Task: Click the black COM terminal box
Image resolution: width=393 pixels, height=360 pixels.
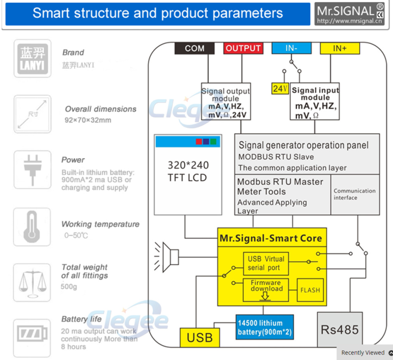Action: (x=195, y=48)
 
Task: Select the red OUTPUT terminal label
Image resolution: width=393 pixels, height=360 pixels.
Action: (x=243, y=48)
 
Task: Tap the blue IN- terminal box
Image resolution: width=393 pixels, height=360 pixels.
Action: (x=291, y=48)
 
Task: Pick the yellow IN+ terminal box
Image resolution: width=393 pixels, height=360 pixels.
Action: (x=340, y=48)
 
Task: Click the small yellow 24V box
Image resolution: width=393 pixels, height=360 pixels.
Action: (x=280, y=89)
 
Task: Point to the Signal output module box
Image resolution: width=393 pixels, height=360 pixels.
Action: (x=226, y=102)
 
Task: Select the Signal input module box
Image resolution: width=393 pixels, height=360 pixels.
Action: (x=315, y=102)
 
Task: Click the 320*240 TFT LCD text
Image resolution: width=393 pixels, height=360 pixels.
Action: (x=188, y=171)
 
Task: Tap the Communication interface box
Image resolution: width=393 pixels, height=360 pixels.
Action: (x=355, y=194)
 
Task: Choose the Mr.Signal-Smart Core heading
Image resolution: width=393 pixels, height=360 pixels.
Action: (x=271, y=238)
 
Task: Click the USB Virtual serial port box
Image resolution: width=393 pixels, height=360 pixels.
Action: (x=266, y=264)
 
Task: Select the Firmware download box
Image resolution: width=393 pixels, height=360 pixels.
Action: (x=266, y=290)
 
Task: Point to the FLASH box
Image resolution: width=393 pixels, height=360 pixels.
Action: (x=310, y=290)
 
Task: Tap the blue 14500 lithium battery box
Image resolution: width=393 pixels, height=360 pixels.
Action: (x=265, y=327)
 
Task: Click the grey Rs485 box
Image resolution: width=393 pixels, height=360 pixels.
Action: (x=340, y=330)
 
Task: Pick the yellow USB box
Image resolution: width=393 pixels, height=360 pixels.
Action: (x=200, y=337)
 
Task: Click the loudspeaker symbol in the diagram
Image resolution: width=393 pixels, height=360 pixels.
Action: (x=167, y=257)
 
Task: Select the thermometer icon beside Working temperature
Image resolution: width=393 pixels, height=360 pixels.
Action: (x=32, y=227)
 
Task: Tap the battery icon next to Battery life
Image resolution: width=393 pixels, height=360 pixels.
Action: (x=32, y=333)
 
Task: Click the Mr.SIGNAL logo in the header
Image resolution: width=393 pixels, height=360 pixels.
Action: (x=350, y=14)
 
